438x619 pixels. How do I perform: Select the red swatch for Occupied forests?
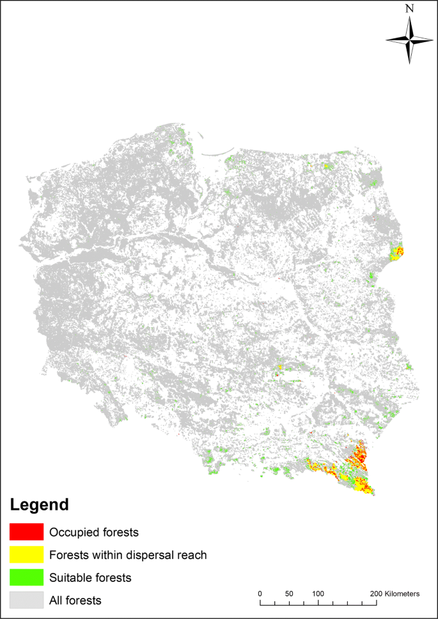[26, 531]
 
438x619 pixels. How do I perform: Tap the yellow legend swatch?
[26, 554]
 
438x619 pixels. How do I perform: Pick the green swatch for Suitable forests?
[26, 577]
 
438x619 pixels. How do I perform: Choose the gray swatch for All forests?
[26, 600]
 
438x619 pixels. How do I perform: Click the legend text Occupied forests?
[93, 531]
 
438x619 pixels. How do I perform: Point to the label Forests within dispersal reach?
[128, 554]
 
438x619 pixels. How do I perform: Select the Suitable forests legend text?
[90, 577]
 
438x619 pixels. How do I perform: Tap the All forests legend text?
[75, 600]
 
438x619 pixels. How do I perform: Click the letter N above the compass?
[410, 8]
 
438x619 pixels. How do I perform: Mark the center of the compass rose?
[410, 40]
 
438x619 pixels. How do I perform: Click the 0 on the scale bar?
[260, 593]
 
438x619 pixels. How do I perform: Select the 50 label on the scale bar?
[289, 593]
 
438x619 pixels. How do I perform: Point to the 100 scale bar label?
[318, 593]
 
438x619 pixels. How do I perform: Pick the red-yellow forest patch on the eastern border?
[398, 252]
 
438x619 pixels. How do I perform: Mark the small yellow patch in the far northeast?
[327, 167]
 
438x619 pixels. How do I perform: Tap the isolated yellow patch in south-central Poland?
[280, 369]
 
